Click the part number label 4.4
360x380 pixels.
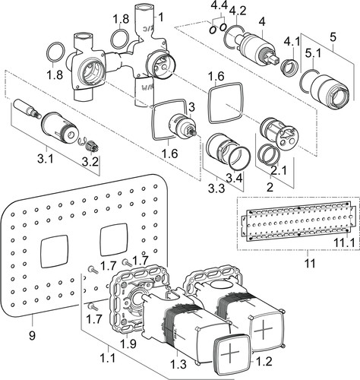[x=219, y=5]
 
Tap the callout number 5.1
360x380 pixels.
[x=313, y=53]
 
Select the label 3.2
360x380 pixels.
[x=90, y=162]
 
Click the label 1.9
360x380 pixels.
[x=128, y=344]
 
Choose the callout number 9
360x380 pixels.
[x=32, y=336]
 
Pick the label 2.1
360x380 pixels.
[x=279, y=171]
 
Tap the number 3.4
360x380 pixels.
[x=234, y=179]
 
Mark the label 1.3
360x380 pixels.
[x=178, y=364]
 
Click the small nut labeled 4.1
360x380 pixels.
[x=289, y=67]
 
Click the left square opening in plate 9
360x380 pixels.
[x=54, y=252]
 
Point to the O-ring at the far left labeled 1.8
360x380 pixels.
[x=55, y=52]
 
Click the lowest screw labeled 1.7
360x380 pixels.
[x=93, y=308]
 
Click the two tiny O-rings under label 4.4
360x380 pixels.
[x=217, y=28]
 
